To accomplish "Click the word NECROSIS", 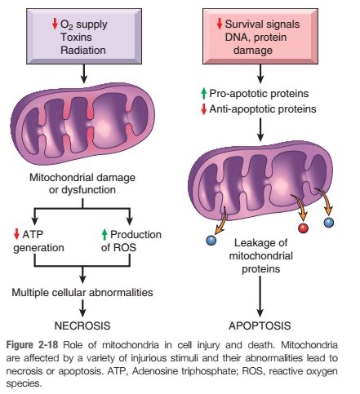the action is click(82, 325).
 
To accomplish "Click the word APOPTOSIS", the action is click(260, 325).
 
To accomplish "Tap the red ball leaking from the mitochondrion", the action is click(303, 228).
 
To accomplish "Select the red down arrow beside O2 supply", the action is click(55, 24).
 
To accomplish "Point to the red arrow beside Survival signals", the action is click(220, 24).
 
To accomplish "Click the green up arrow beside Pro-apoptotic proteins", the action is click(204, 94).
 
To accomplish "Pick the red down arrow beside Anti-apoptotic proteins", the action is click(204, 109).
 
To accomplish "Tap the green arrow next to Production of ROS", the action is click(104, 234).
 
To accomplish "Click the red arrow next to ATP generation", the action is click(16, 234).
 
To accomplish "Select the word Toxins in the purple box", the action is click(76, 37).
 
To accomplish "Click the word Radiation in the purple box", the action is click(83, 50).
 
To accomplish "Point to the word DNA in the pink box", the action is click(236, 38).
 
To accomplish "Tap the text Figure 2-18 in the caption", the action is click(32, 345).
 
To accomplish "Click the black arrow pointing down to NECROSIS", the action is click(82, 308).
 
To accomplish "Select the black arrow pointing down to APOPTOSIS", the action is click(260, 297).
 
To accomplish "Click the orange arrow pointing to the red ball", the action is click(300, 206).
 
